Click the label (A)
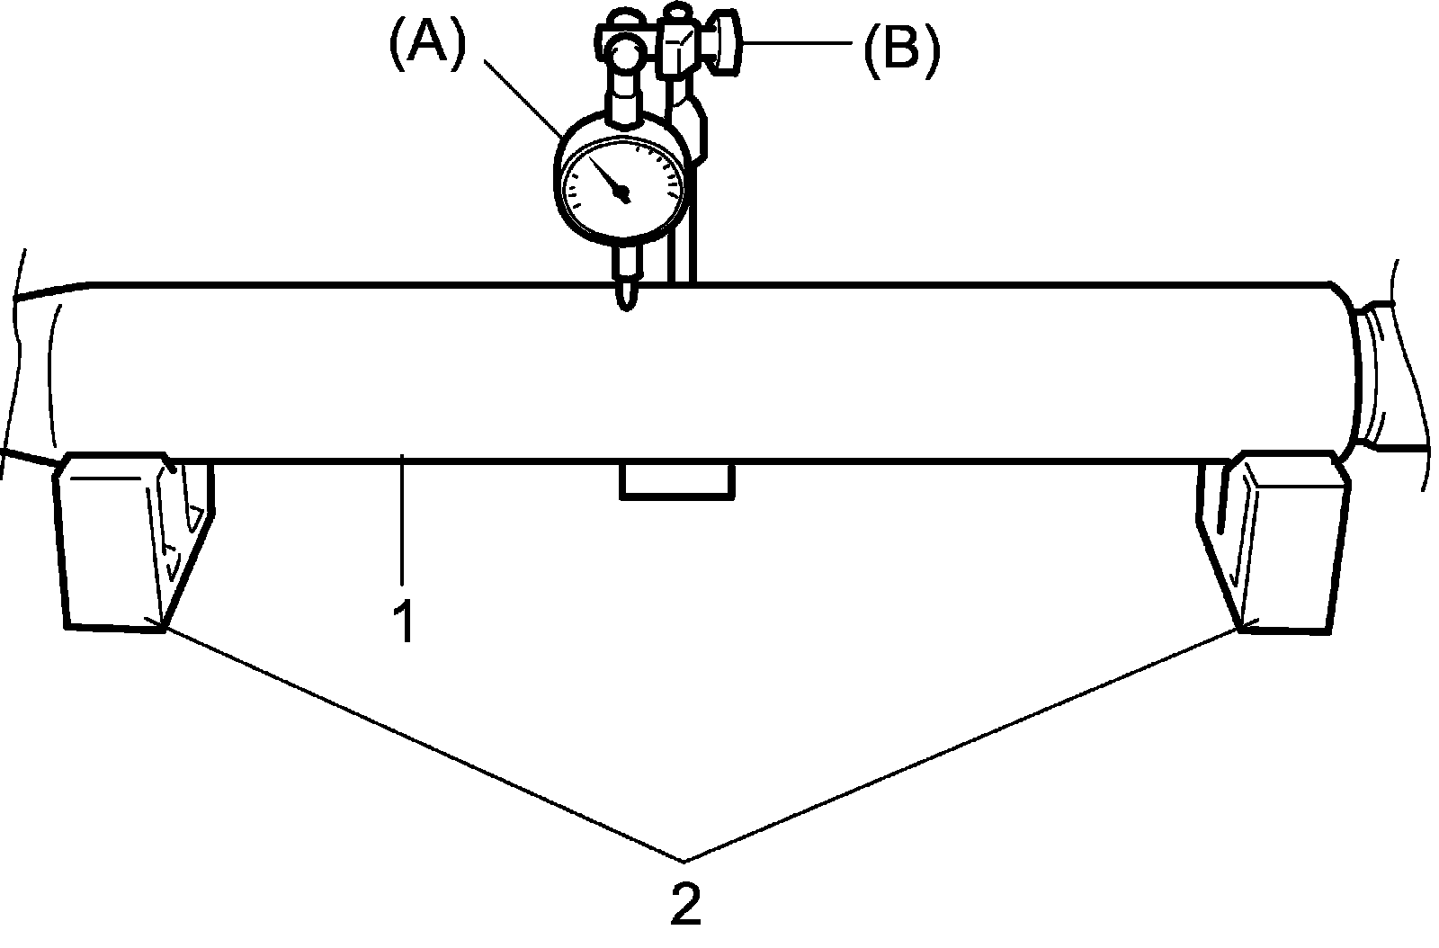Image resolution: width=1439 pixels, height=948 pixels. point(427,45)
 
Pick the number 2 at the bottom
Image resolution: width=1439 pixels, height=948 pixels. point(685,903)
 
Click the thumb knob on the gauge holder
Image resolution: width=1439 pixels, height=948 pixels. point(725,42)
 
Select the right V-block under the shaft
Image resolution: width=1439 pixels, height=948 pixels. point(1286,540)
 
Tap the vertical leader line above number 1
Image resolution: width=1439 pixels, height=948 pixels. point(403,522)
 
